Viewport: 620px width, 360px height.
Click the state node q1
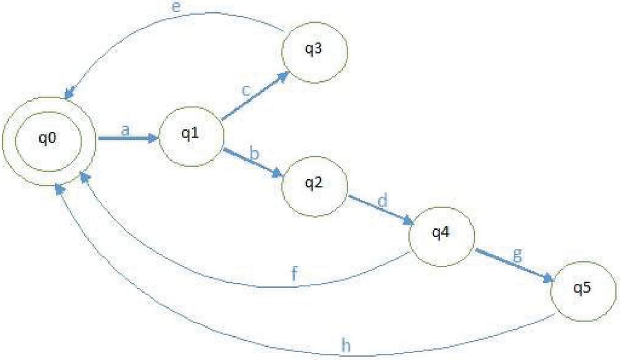click(191, 136)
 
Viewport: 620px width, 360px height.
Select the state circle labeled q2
click(314, 186)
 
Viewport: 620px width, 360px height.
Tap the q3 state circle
click(314, 53)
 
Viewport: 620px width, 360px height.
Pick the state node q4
click(441, 236)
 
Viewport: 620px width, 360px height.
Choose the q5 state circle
click(583, 291)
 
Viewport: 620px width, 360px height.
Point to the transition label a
click(126, 130)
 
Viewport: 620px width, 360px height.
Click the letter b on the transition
click(254, 153)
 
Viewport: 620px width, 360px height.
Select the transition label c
click(246, 91)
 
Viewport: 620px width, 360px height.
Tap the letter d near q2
click(382, 201)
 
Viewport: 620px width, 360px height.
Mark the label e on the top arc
click(177, 7)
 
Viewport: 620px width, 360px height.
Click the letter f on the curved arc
click(294, 273)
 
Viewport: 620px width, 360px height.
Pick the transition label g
click(518, 256)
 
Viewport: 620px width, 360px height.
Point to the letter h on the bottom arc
click(346, 345)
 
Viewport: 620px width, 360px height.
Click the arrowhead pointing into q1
click(153, 138)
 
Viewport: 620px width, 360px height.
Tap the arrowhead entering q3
click(282, 76)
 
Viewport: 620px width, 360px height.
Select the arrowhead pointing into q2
click(278, 173)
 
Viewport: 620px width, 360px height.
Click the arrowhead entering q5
click(547, 278)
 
